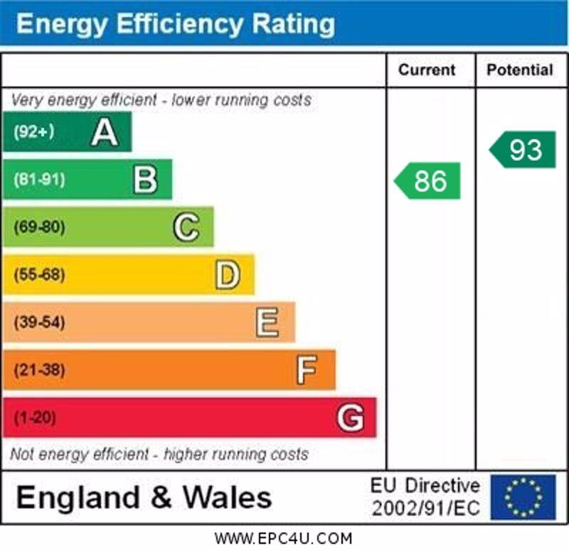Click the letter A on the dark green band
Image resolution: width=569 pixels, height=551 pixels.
point(105,132)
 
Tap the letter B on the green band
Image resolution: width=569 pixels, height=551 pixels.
point(145,180)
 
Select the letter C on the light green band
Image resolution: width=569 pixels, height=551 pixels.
point(186,227)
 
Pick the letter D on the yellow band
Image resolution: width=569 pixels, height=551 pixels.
point(228,275)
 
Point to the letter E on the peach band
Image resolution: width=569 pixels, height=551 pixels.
point(267,322)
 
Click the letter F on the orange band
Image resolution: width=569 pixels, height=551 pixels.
point(307,370)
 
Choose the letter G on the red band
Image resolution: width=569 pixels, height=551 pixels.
point(350,418)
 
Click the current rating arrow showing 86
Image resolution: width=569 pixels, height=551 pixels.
point(428,181)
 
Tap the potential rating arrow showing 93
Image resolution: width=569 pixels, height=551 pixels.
point(523,150)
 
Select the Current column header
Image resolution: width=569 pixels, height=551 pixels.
point(427,70)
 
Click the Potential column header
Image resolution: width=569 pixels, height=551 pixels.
point(520,70)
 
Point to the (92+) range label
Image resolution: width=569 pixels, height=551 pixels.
point(33,132)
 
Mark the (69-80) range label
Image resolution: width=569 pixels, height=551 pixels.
point(39,227)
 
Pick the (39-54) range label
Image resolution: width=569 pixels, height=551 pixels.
point(39,322)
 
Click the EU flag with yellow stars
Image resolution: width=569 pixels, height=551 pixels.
point(523,497)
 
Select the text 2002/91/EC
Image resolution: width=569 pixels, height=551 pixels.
point(425,508)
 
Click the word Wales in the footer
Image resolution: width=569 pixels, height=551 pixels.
point(228,497)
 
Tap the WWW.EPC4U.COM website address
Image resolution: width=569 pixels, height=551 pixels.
point(283,538)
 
